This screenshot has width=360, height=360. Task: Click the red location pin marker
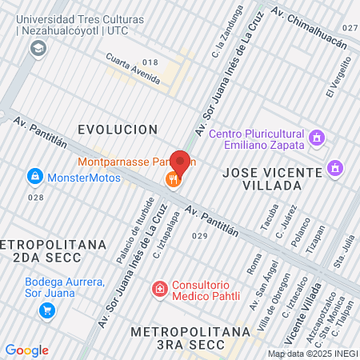[x=181, y=162]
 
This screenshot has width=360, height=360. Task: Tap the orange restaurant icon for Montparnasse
[x=172, y=179]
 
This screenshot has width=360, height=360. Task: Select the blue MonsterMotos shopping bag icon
[x=34, y=176]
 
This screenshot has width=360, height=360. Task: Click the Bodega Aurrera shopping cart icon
[x=48, y=310]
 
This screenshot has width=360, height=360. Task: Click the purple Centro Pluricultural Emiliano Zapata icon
[x=317, y=138]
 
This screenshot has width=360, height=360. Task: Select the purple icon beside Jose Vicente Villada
[x=334, y=169]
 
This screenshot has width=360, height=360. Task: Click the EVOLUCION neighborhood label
[x=117, y=129]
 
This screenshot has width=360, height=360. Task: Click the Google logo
[x=26, y=350]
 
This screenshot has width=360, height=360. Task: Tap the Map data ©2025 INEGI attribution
[x=311, y=354]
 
